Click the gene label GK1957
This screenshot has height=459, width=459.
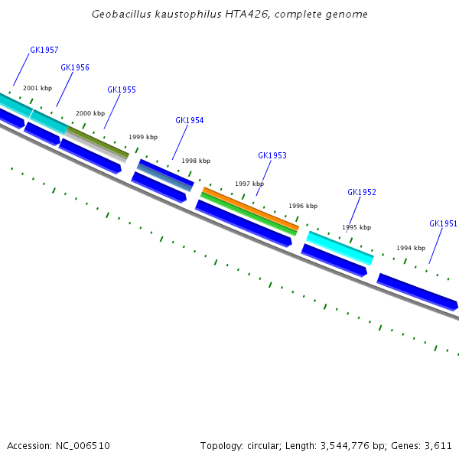[x=44, y=50]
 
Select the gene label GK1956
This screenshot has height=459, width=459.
[x=75, y=67]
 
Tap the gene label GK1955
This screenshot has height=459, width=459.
[x=122, y=90]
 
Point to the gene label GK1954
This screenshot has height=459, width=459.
[x=190, y=120]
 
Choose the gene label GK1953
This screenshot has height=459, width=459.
[x=272, y=155]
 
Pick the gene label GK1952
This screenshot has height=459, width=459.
[x=362, y=192]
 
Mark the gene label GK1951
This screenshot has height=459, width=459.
[x=443, y=223]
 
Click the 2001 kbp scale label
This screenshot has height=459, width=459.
[x=37, y=88]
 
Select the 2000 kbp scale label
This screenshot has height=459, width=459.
[x=90, y=113]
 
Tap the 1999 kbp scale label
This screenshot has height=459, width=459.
[x=143, y=137]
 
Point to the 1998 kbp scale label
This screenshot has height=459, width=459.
[x=196, y=161]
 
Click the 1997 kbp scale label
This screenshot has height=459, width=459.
[x=249, y=184]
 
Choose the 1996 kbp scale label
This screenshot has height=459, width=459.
[x=303, y=206]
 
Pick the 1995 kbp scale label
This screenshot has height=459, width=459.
[x=356, y=227]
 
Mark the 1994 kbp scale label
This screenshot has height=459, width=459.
[x=411, y=248]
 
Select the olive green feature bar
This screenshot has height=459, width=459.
[x=98, y=142]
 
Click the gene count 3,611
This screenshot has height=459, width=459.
[x=438, y=445]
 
